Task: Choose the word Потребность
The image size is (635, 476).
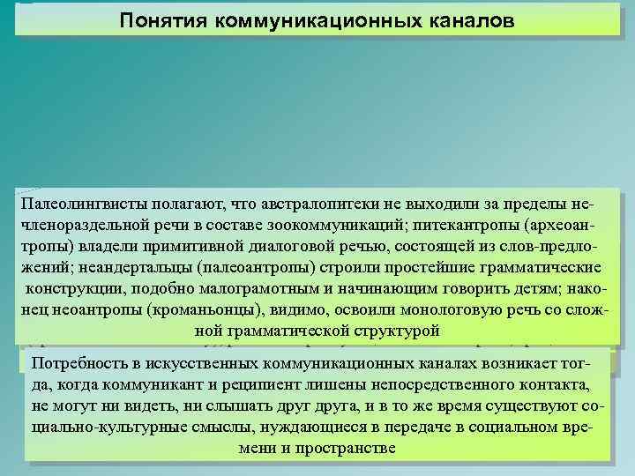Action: click(78, 364)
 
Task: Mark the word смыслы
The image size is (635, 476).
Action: click(213, 428)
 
